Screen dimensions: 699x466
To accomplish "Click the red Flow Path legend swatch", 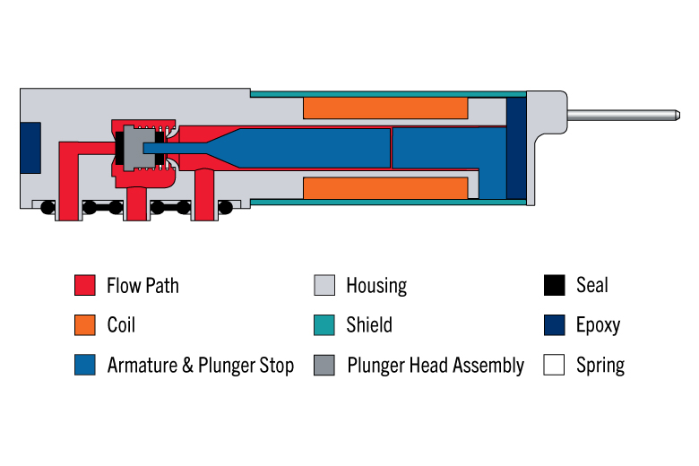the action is point(85,285).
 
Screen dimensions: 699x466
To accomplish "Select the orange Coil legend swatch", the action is point(85,325).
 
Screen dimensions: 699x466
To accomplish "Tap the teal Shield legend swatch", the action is point(324,325).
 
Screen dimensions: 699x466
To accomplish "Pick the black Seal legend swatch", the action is point(554,285).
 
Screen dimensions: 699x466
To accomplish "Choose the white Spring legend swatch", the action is point(554,365).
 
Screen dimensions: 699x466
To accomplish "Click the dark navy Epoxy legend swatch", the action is point(554,325).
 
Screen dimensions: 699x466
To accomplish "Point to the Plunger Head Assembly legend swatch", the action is point(324,365).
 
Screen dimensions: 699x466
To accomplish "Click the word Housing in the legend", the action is point(376,286).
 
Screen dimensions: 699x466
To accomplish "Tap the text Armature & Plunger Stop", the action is point(201,366).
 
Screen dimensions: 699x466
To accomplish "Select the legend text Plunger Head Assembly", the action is point(436,366).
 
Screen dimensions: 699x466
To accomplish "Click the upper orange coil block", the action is point(385,108).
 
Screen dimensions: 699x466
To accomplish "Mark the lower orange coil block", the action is point(385,187).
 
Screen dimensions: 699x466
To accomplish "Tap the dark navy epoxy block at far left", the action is point(30,148).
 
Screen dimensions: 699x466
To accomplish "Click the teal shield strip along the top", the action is point(388,94).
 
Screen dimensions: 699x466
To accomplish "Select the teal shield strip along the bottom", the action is point(388,203).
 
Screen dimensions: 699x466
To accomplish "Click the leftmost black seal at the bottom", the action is point(47,207).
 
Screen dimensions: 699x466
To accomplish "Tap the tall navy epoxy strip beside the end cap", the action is point(517,148).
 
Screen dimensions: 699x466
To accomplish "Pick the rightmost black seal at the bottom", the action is point(225,207).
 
